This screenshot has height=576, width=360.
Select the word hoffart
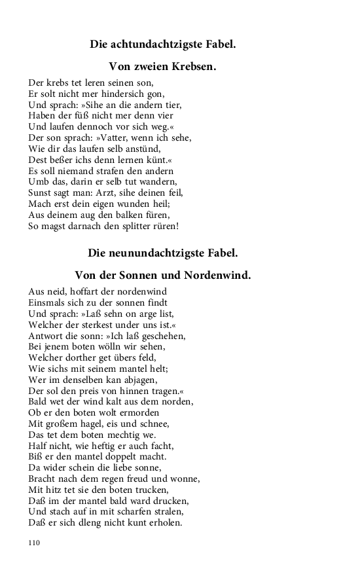82,291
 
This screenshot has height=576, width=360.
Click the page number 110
34,543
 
